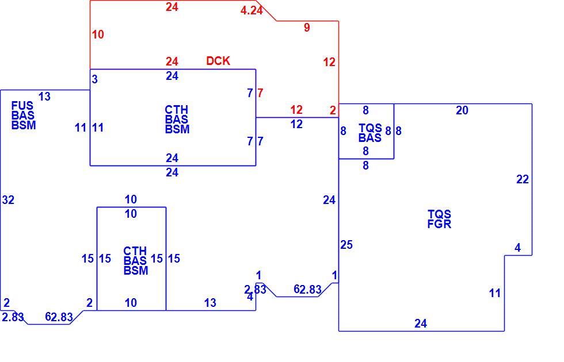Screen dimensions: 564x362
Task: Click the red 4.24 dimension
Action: pos(251,10)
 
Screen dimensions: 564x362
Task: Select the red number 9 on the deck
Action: pos(307,28)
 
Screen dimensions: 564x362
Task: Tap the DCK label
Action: pos(218,61)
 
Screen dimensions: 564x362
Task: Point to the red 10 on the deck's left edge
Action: pos(98,34)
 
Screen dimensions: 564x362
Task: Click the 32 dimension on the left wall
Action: pos(8,200)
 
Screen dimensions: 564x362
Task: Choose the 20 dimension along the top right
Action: pos(462,110)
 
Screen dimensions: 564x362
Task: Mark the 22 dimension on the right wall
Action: pos(523,179)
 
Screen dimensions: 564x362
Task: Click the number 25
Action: pos(346,245)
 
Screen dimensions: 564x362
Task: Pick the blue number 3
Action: pos(94,79)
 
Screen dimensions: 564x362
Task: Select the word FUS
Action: pos(22,106)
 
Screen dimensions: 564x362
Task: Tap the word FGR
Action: pos(439,224)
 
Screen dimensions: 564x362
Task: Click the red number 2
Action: pos(333,110)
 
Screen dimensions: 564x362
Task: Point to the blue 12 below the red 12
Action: pos(296,124)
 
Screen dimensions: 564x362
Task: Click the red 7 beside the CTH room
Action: pos(260,93)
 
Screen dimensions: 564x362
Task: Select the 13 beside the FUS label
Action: pos(45,97)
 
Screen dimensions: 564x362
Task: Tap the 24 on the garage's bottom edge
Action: pos(421,324)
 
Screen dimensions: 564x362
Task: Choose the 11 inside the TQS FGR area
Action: pos(495,293)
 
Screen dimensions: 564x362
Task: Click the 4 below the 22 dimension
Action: pos(517,248)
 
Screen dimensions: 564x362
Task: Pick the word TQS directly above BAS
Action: pos(371,128)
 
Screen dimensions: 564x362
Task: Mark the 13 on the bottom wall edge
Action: pos(210,303)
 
